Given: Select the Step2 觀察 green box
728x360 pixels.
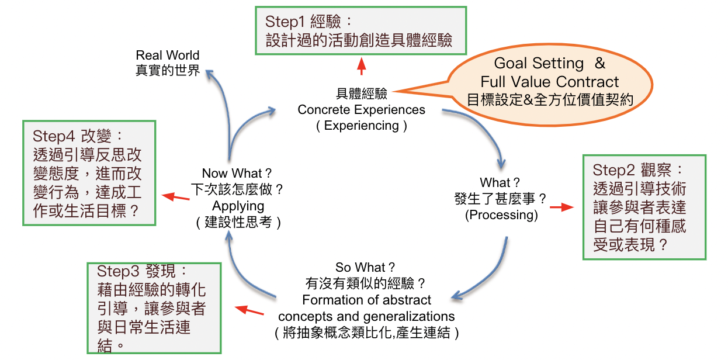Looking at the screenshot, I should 644,207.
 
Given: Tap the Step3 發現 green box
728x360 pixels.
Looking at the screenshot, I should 154,308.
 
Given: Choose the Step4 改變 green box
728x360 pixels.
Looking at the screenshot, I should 89,173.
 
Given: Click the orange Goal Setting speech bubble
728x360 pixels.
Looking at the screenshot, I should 550,81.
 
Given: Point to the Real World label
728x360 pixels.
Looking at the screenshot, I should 168,56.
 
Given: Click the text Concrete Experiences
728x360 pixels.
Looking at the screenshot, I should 361,110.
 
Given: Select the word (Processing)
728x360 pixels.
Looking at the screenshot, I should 501,214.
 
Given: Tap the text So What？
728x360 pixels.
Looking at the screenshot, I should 366,268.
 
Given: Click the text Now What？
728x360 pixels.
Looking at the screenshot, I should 237,173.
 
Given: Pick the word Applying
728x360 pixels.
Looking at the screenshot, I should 238,206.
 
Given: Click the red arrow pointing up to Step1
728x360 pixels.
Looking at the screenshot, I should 362,66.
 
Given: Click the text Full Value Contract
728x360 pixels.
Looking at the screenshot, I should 550,81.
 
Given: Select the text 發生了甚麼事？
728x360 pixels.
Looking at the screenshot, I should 501,199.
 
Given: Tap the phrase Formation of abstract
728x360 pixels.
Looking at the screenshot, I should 366,300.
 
